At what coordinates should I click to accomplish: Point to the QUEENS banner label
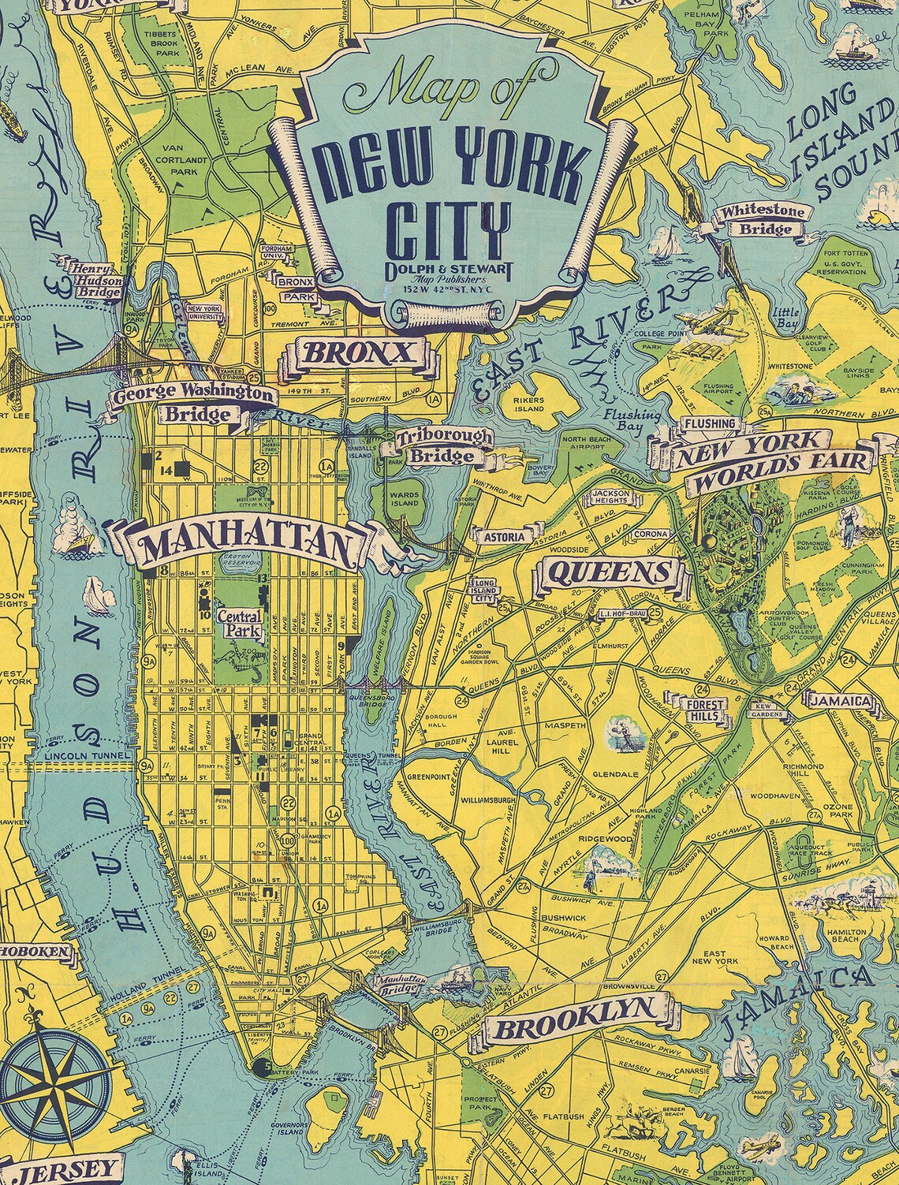(x=608, y=572)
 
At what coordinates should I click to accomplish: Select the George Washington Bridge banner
(x=192, y=401)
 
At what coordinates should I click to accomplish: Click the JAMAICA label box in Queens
(x=837, y=700)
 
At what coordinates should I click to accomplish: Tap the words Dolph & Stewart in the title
(x=446, y=270)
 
